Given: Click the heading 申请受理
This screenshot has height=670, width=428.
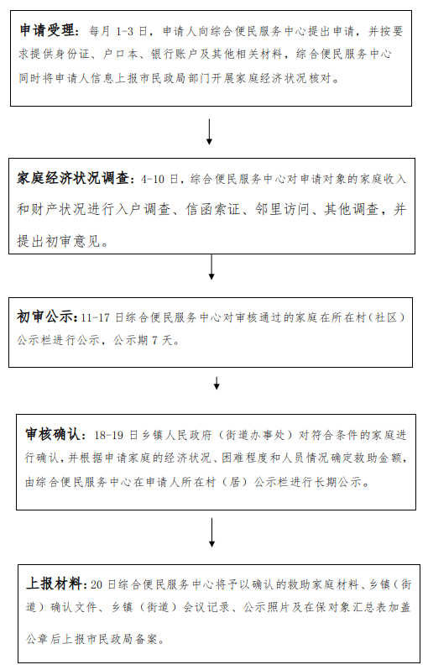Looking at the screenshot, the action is [x=47, y=31].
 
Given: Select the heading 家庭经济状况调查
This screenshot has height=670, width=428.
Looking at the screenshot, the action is [x=73, y=178].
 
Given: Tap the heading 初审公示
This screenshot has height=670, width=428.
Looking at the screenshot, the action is [x=44, y=317].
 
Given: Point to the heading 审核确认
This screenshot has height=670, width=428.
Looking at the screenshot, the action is [x=53, y=434].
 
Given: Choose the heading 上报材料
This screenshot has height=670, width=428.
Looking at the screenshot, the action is [x=54, y=584].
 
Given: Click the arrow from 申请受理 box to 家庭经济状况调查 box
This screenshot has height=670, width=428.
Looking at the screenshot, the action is [x=209, y=132].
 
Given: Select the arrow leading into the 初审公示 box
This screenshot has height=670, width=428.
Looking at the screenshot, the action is [x=211, y=267].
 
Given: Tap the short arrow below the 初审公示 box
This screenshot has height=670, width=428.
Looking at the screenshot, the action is [x=217, y=383].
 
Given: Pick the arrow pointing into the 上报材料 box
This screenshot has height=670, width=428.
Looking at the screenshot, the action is [x=211, y=532].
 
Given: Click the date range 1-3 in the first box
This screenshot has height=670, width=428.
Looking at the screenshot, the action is [x=124, y=32].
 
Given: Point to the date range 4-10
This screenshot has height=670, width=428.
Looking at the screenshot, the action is [x=153, y=179].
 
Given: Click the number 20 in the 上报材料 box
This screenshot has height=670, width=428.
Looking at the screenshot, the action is [x=97, y=584].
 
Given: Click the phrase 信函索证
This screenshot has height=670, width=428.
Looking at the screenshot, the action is [x=212, y=210].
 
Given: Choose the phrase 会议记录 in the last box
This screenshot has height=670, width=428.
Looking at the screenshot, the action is [x=206, y=607].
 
